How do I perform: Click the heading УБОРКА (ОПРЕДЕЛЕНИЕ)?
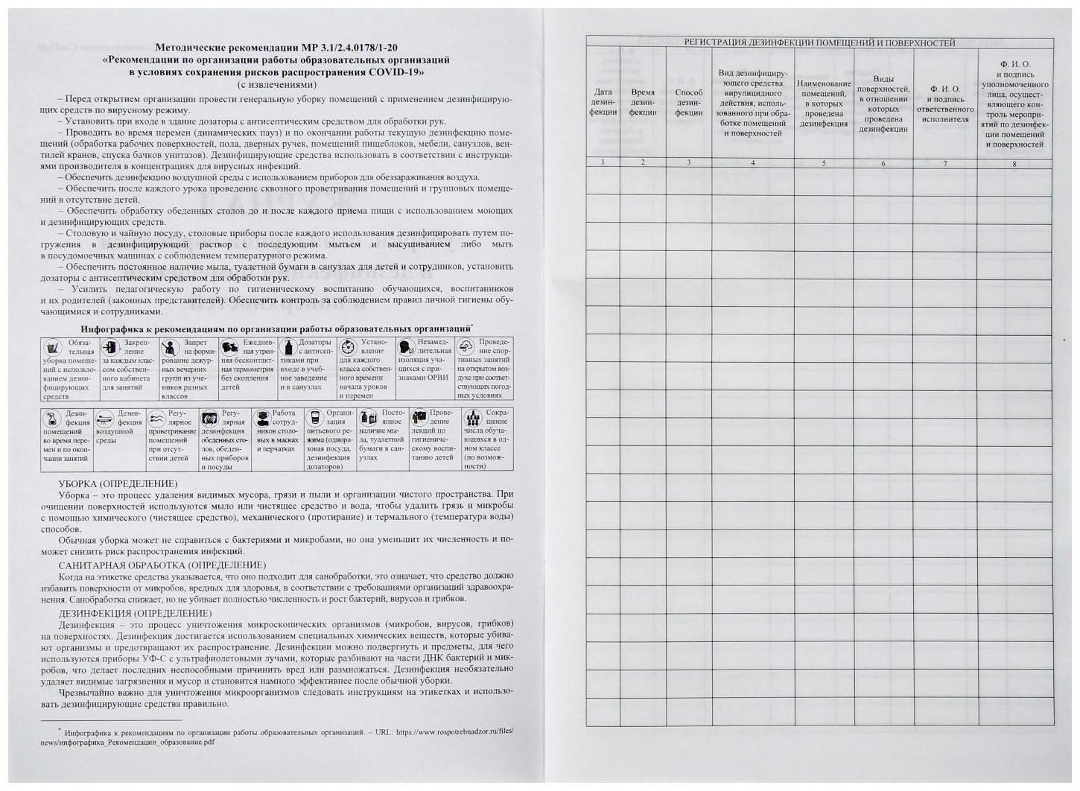tap(118, 483)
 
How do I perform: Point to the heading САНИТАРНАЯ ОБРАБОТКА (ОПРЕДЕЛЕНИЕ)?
tap(162, 565)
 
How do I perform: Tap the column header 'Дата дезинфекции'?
tap(603, 102)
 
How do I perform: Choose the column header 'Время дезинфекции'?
tap(642, 102)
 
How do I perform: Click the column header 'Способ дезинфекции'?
tap(688, 103)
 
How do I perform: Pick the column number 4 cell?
tap(752, 162)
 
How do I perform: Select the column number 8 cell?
tap(1014, 163)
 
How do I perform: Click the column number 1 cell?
tap(603, 162)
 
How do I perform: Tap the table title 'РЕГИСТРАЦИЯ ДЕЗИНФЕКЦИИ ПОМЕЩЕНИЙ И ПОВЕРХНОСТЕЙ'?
tap(819, 42)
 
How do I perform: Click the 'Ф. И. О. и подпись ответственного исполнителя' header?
tap(945, 104)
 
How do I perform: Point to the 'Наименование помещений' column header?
tap(823, 104)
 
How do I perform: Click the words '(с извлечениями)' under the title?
tap(276, 84)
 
